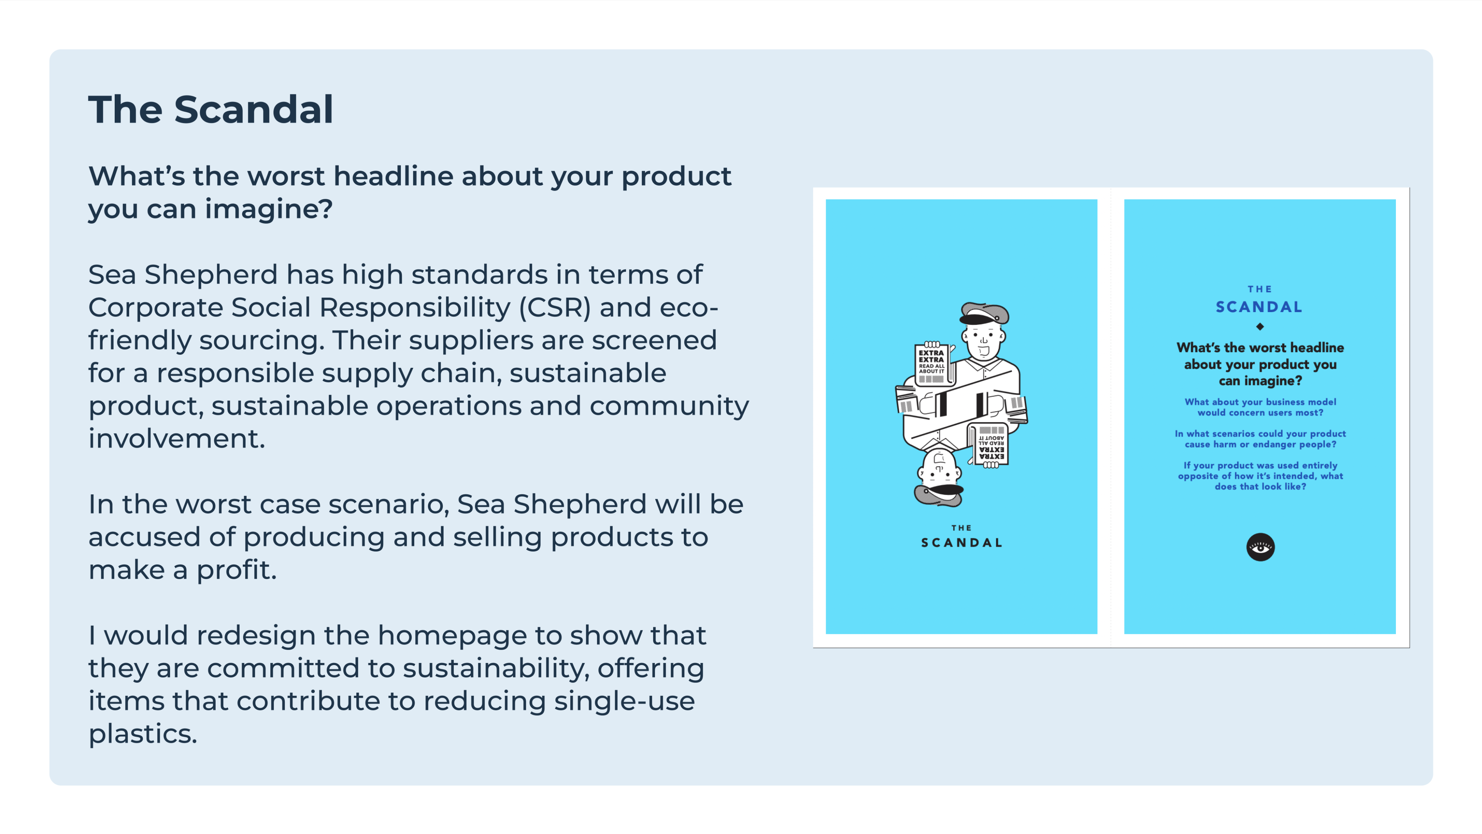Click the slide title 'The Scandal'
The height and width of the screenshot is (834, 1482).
coord(211,109)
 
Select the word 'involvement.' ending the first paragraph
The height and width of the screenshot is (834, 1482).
coord(177,438)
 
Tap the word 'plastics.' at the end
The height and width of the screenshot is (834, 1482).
coord(143,734)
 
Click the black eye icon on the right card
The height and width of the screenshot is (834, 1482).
coord(1260,547)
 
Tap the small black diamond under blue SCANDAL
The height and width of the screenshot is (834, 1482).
coord(1260,327)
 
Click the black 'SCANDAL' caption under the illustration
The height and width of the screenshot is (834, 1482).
coord(961,543)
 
